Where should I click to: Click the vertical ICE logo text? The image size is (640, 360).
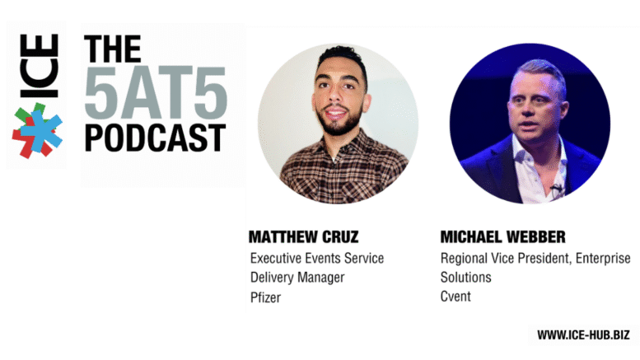click(x=40, y=66)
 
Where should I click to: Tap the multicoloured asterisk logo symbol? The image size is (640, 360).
click(x=37, y=131)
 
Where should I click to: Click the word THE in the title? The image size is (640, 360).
click(x=113, y=49)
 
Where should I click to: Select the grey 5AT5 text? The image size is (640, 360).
click(x=156, y=92)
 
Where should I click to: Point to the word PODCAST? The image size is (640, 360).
click(x=155, y=138)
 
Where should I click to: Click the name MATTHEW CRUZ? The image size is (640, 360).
click(x=304, y=236)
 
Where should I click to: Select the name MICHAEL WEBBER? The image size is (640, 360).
click(x=502, y=236)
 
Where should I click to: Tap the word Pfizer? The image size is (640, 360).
click(x=266, y=297)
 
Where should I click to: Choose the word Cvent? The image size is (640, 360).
click(x=455, y=296)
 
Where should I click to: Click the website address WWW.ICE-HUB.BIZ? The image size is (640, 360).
click(x=583, y=335)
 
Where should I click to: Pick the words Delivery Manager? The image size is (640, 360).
click(x=297, y=278)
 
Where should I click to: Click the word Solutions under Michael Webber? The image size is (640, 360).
click(x=465, y=277)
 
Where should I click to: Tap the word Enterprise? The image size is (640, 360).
click(x=603, y=259)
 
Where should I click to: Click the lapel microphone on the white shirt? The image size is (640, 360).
click(x=555, y=188)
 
